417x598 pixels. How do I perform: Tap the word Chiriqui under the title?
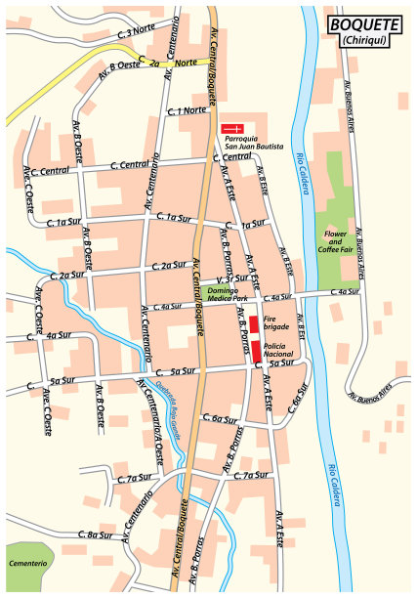363,40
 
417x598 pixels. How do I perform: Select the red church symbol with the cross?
232,128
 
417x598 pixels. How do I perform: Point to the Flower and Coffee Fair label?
336,241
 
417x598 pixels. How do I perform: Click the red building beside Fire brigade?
254,326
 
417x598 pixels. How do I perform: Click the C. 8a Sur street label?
94,534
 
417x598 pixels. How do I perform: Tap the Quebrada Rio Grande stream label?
166,403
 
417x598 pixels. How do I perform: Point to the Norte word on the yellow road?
186,64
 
